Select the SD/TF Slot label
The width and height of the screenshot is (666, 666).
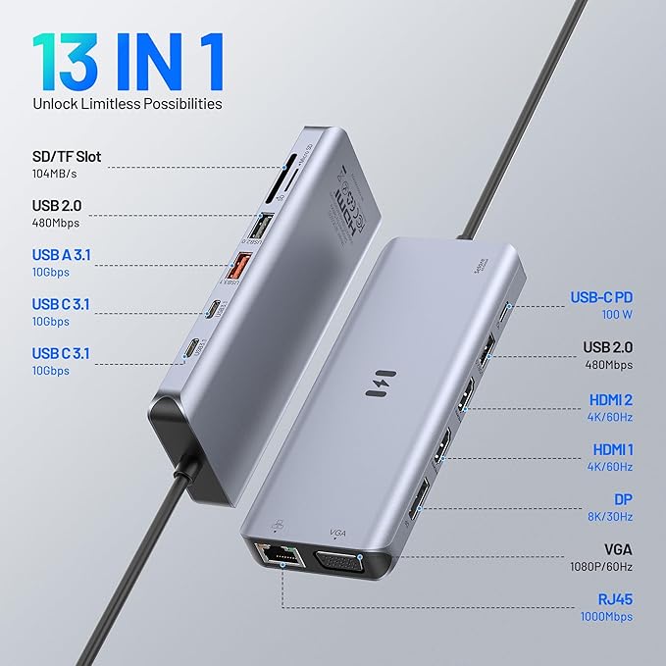tap(67, 157)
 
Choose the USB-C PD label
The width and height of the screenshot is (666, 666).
tap(602, 298)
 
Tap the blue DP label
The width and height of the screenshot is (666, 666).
tap(622, 498)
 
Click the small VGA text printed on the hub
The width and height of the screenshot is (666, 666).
tap(338, 533)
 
